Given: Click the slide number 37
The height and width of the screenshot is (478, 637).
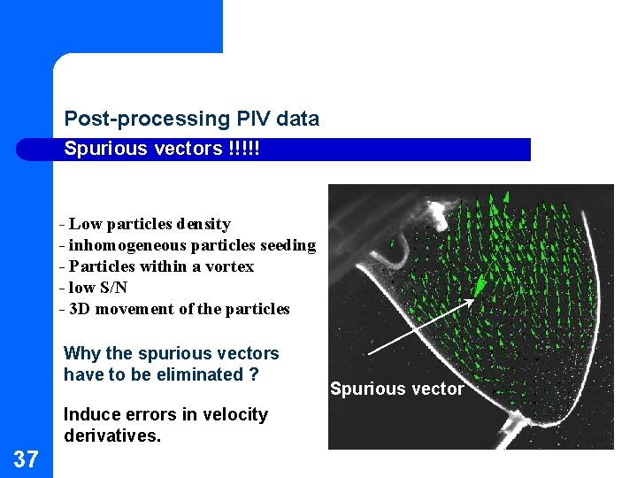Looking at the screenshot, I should (x=26, y=459).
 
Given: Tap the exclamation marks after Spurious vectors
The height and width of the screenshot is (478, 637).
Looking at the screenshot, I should (x=243, y=149).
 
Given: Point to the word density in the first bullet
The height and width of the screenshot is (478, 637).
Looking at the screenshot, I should (x=203, y=224).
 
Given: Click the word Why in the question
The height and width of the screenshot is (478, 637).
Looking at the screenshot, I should (x=81, y=353).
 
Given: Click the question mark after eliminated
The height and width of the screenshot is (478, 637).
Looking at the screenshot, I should (x=254, y=374).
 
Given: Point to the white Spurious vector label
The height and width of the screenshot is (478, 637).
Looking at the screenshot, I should (x=396, y=389).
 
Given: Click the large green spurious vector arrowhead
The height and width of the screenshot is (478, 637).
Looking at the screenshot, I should (x=481, y=282).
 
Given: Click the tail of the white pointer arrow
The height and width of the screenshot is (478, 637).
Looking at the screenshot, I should (x=365, y=356).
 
